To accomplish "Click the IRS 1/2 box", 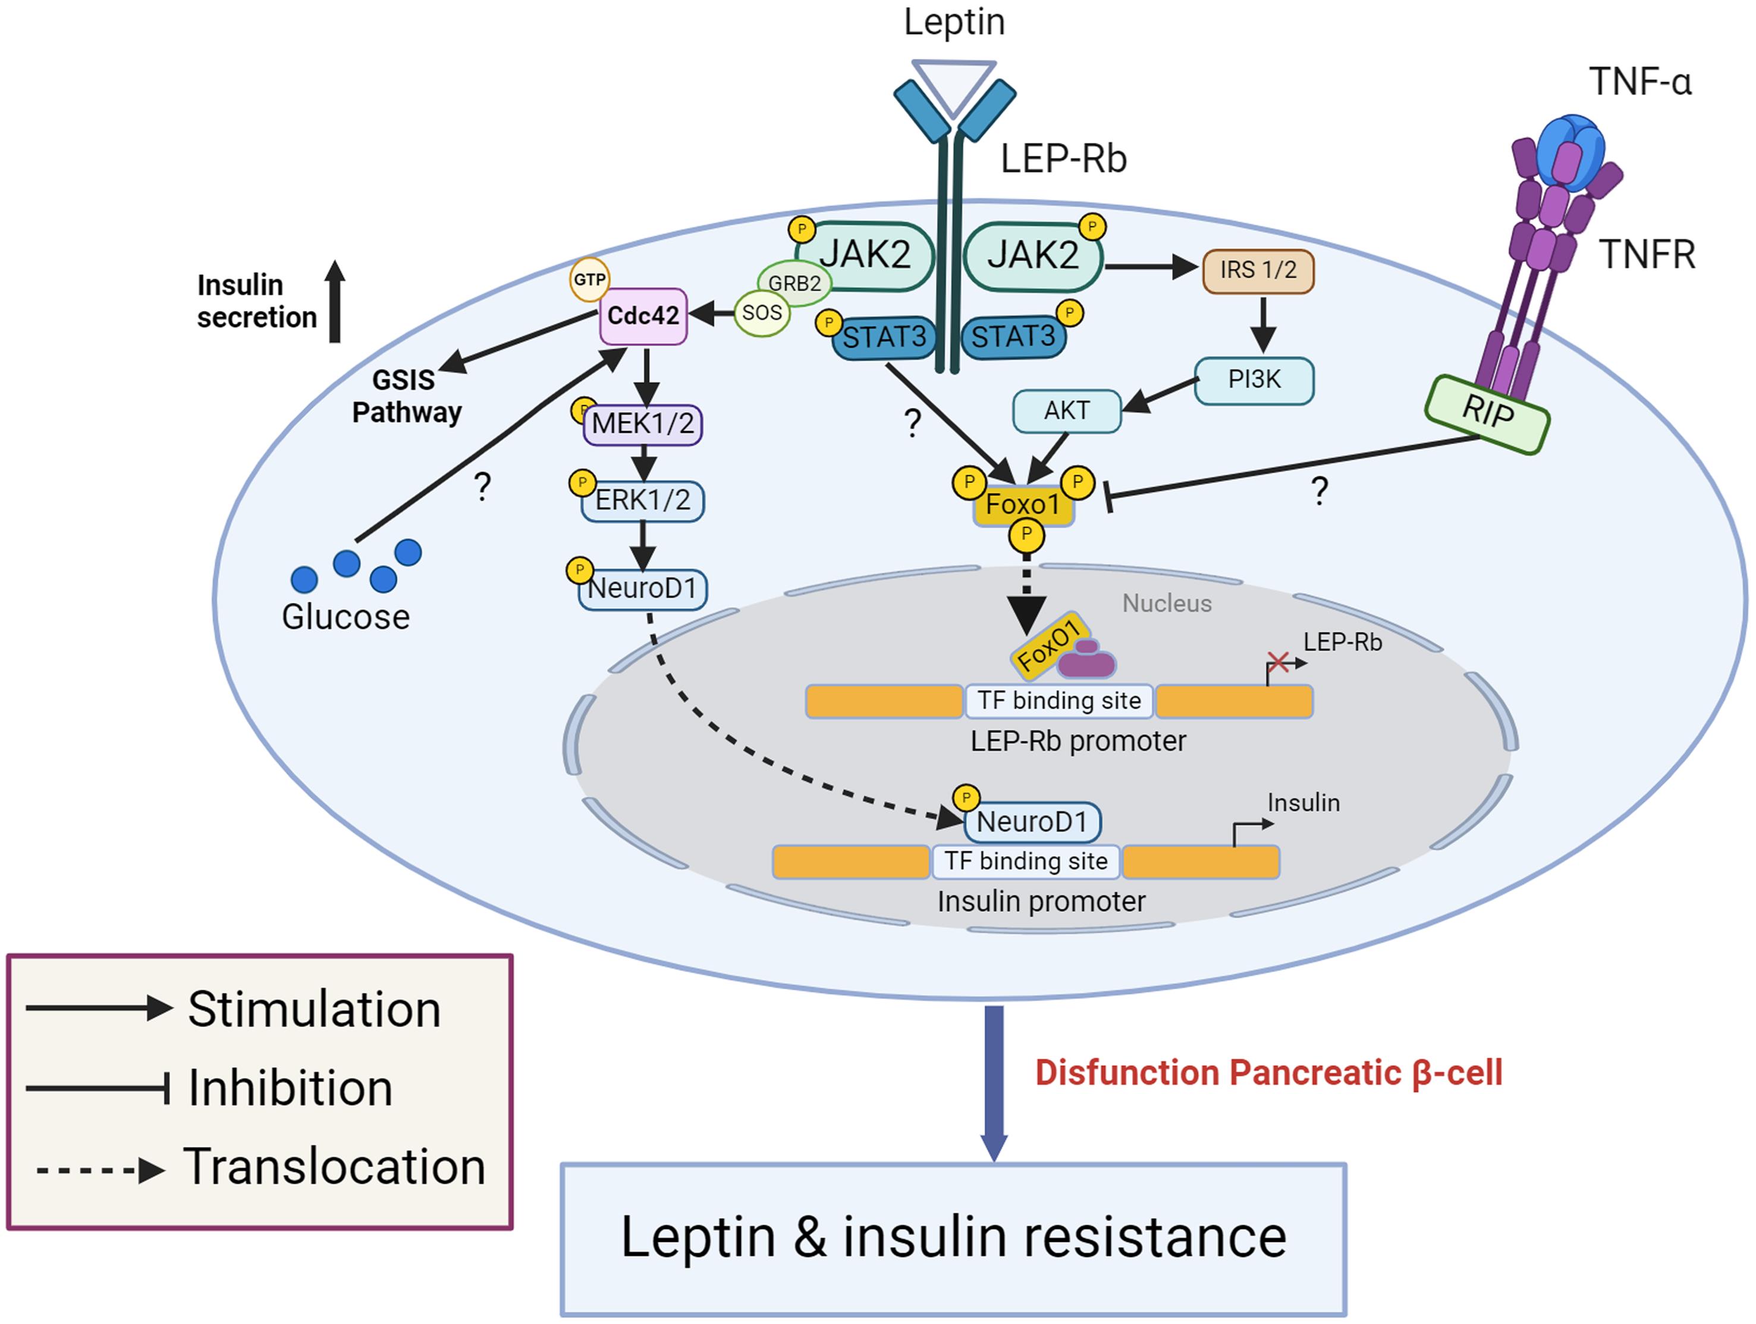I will tap(1258, 271).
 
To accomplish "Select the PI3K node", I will tap(1254, 380).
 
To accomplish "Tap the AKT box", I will tap(1066, 410).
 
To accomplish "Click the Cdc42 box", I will tap(643, 316).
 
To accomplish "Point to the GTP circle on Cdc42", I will tap(589, 279).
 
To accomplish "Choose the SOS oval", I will tap(761, 313).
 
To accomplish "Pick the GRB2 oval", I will tap(794, 282).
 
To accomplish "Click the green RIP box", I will tap(1486, 414).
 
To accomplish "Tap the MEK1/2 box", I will tap(643, 424).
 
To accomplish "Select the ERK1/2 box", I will tap(643, 500).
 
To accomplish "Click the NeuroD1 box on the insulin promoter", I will tap(1032, 822).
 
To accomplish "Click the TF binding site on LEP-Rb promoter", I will tap(1058, 701).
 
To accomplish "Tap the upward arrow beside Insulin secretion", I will tap(335, 301).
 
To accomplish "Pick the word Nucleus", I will tap(1166, 603).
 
